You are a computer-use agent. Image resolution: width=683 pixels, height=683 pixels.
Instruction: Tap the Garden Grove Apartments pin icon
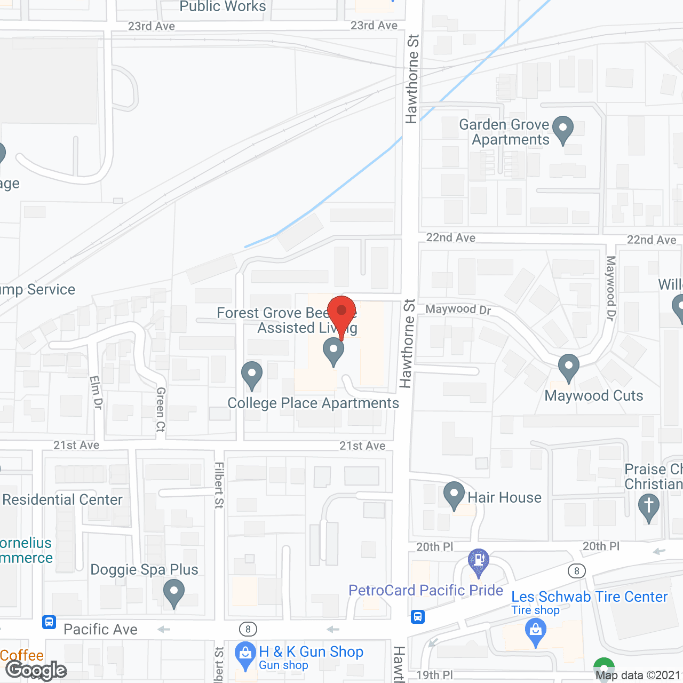(562, 129)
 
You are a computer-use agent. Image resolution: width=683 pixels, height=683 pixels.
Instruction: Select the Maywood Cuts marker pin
(568, 367)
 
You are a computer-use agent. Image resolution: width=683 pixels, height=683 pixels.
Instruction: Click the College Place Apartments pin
(252, 375)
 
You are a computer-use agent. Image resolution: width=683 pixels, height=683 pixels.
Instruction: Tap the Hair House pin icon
(454, 495)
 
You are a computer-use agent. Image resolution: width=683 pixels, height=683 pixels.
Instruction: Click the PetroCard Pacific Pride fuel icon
(479, 561)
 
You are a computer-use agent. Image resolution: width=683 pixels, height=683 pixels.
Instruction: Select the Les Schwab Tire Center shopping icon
(536, 633)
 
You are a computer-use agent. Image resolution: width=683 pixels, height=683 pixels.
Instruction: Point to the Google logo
(36, 670)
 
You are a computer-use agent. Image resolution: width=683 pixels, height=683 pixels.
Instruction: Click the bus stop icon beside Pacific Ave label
(49, 622)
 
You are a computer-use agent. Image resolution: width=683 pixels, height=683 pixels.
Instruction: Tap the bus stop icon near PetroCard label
(418, 617)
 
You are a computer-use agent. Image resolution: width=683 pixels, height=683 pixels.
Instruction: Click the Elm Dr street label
(96, 392)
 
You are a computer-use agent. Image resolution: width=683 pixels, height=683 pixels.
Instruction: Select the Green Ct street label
(161, 409)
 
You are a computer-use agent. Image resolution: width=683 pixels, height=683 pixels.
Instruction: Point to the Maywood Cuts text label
(594, 396)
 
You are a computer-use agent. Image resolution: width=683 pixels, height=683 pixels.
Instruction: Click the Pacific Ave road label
(100, 630)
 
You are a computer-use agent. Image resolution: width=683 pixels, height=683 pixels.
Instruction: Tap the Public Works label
(223, 6)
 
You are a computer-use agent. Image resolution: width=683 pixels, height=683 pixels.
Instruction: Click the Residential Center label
(62, 499)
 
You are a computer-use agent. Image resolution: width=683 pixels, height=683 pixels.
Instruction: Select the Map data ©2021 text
(638, 676)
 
